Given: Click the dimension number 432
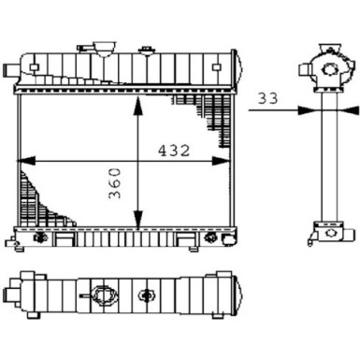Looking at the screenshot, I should pyautogui.click(x=173, y=149).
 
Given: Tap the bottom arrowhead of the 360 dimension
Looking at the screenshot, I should pyautogui.click(x=138, y=223).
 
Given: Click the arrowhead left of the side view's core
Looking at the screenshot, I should pyautogui.click(x=311, y=108).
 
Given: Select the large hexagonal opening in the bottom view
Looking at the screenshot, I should pyautogui.click(x=100, y=297).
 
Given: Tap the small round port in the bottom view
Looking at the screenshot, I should pyautogui.click(x=145, y=297).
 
